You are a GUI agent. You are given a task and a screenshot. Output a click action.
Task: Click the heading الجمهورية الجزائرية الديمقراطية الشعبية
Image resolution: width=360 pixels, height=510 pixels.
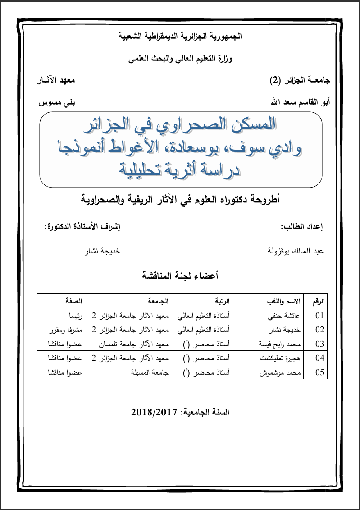(x=180, y=37)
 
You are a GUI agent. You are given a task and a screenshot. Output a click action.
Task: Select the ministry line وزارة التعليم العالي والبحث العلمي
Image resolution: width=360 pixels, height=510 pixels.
(x=180, y=59)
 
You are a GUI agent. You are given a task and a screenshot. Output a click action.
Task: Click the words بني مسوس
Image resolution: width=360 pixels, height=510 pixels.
(x=56, y=102)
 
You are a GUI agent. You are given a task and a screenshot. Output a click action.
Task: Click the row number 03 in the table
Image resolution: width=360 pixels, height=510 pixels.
(x=319, y=344)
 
